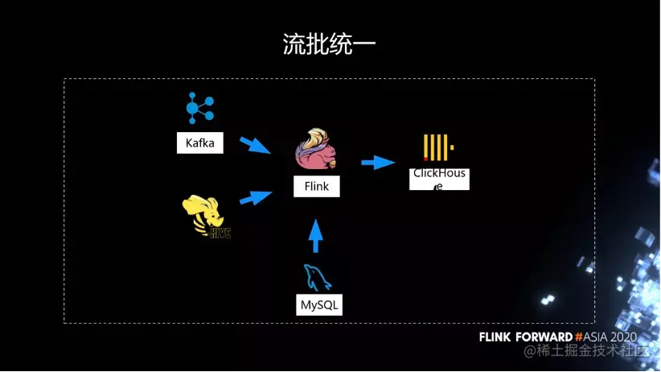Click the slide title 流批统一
pos(329,44)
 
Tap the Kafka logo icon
pos(199,108)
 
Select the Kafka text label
pos(200,143)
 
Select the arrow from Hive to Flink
pos(257,196)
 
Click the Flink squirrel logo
pos(317,149)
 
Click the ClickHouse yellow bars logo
pos(438,147)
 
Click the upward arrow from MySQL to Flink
pos(316,236)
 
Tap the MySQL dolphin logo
pos(317,279)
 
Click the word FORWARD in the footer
pos(544,336)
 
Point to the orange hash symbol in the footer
pos(580,336)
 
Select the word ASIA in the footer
pos(598,336)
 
